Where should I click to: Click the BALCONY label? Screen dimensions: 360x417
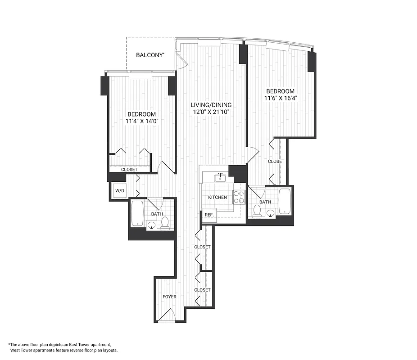tap(150, 55)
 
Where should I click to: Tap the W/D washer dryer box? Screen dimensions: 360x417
tap(119, 191)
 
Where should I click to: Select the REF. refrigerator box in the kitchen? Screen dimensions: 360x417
tap(208, 215)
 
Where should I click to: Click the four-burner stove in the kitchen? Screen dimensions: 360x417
tap(238, 198)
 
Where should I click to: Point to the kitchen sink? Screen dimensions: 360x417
tap(221, 178)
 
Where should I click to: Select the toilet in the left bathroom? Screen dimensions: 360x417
tap(165, 222)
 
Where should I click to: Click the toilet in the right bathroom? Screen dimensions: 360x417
tap(258, 211)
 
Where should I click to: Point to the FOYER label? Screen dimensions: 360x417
tap(169, 297)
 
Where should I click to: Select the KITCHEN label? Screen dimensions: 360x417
tap(217, 198)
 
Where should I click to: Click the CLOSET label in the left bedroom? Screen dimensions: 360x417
tap(129, 170)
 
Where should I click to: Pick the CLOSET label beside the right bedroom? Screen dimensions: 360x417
tap(276, 161)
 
